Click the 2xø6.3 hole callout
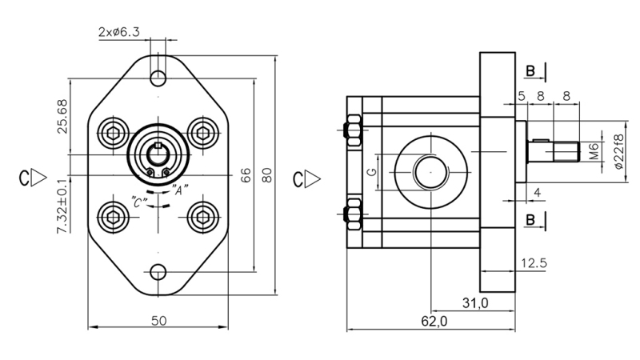click(119, 33)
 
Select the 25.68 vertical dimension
click(62, 116)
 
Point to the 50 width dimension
click(158, 320)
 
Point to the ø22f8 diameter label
click(617, 150)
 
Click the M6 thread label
click(594, 150)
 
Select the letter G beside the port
click(370, 172)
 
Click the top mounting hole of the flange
click(159, 78)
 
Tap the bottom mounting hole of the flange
click(159, 271)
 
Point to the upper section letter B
click(530, 72)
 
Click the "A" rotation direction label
click(180, 190)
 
